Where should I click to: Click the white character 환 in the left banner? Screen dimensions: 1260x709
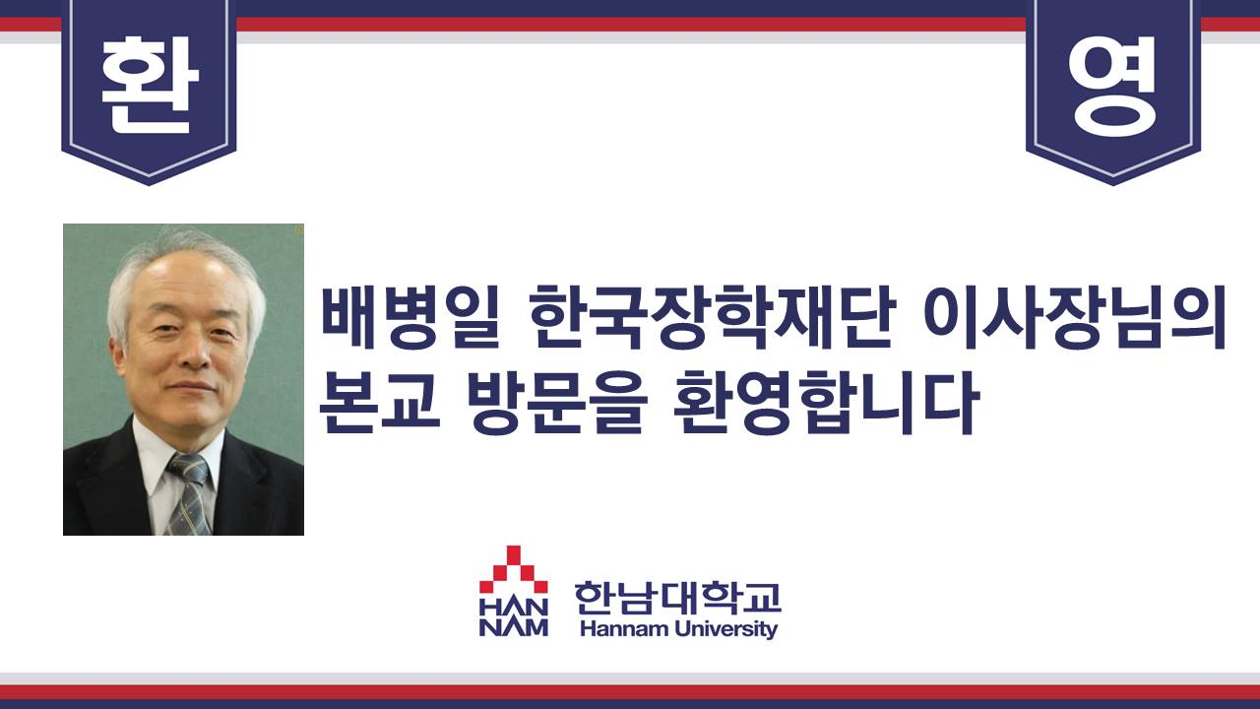tap(150, 85)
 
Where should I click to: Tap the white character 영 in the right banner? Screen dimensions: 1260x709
tap(1112, 86)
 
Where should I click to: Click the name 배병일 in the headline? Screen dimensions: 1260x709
tap(411, 317)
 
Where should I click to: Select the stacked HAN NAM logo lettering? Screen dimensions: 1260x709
tap(513, 617)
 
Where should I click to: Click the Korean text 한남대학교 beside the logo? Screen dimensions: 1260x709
tap(677, 598)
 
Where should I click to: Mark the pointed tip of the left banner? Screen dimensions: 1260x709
tap(149, 184)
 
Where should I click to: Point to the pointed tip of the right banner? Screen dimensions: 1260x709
tap(1112, 184)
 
